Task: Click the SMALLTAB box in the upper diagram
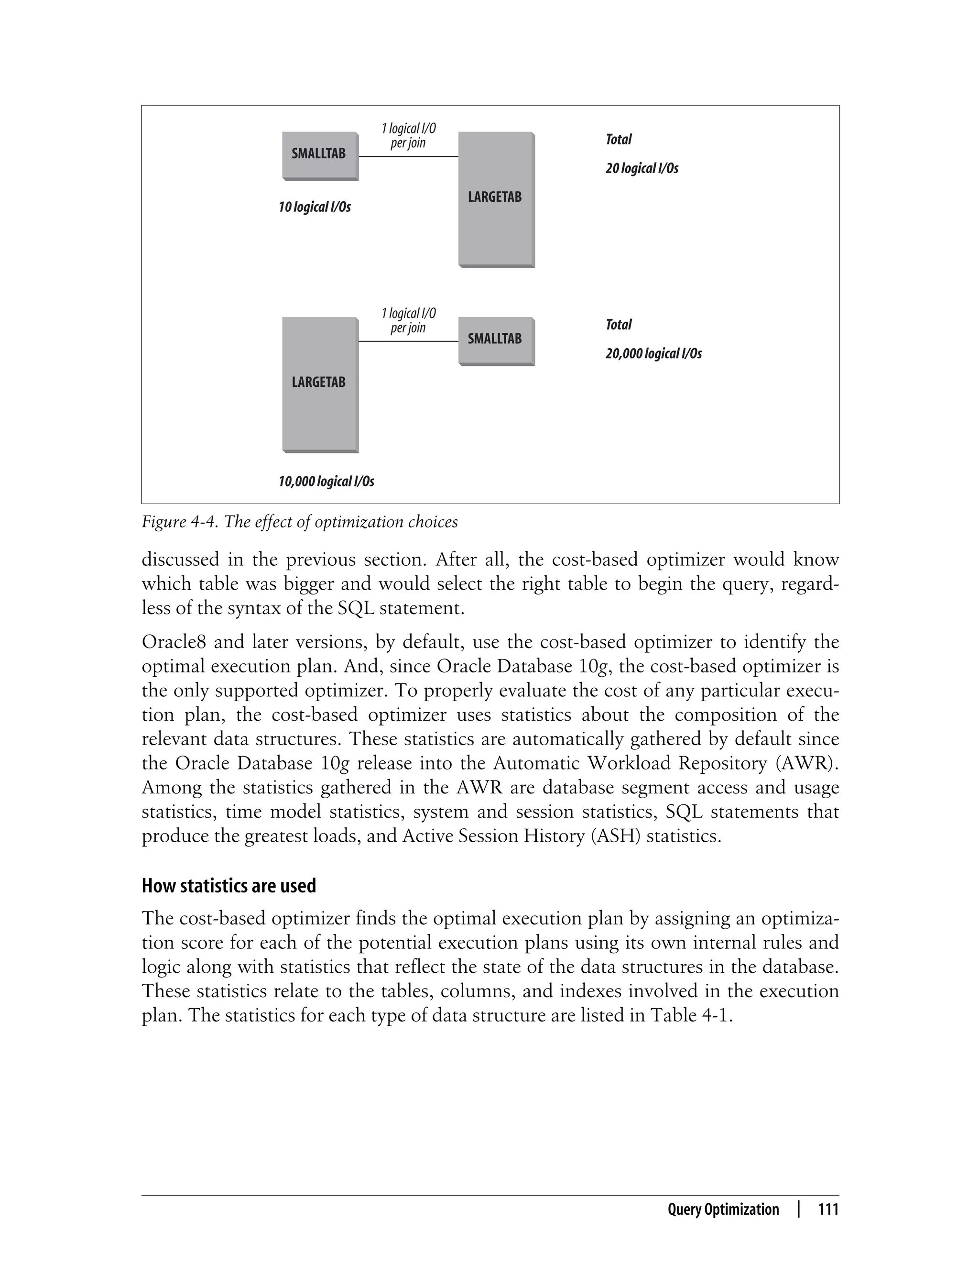tap(319, 154)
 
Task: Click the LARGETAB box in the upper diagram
tap(495, 198)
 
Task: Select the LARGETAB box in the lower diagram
tap(319, 383)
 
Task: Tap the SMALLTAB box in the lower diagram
tap(495, 340)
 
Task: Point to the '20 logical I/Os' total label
tap(642, 168)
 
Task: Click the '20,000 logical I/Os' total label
tap(653, 353)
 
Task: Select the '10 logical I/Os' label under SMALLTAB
tap(315, 207)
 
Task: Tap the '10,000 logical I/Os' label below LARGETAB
tap(326, 482)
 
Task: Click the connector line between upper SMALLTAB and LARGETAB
tap(408, 157)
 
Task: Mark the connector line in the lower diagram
tap(408, 341)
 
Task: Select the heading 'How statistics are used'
tap(229, 886)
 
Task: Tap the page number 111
tap(828, 1209)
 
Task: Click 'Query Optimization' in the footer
tap(723, 1209)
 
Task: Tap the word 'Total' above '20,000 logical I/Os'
tap(618, 324)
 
